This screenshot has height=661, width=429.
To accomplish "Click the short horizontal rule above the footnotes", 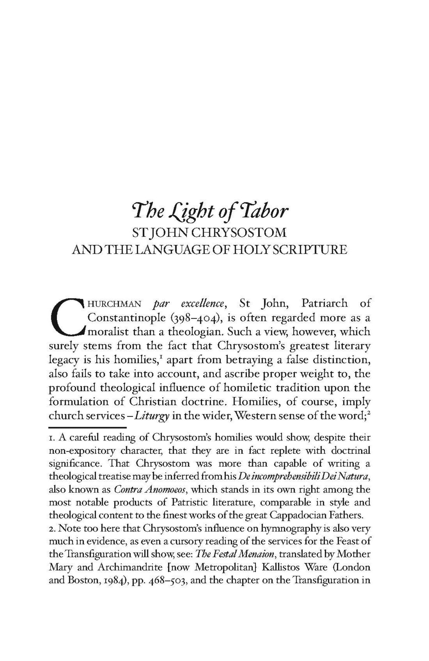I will pos(88,427).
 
